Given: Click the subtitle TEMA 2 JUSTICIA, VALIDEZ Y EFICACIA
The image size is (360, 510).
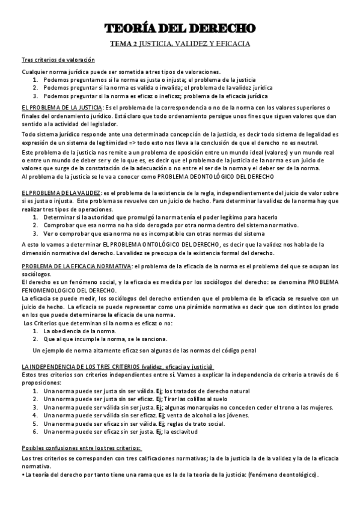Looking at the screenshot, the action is coord(180,44).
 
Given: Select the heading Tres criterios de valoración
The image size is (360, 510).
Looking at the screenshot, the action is coord(58,60).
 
